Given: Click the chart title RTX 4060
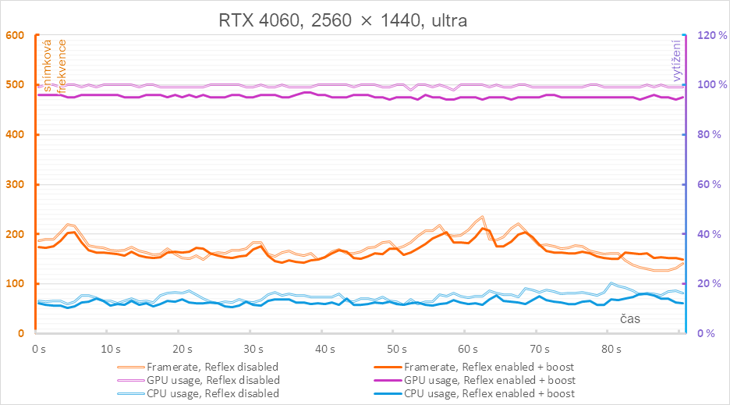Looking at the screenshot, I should (342, 21).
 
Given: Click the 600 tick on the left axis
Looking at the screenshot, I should (16, 35).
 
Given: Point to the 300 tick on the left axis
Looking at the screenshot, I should (16, 185).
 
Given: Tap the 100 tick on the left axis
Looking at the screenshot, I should (16, 284).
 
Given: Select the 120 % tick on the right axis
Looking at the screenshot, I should (711, 35).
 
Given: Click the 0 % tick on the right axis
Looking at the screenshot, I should (705, 334).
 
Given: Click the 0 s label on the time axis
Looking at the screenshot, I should (36, 349).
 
